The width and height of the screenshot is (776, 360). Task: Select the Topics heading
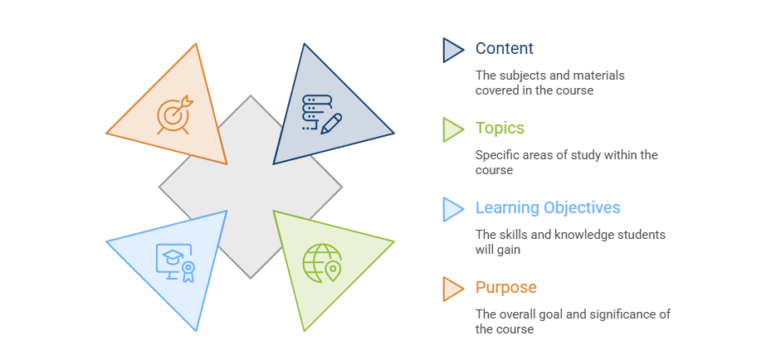[x=500, y=128]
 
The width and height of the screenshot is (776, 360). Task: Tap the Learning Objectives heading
[x=548, y=207]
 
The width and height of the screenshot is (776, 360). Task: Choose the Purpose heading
[x=505, y=287]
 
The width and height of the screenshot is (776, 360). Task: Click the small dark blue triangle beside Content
[x=451, y=50]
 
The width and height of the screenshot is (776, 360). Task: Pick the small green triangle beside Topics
[x=451, y=129]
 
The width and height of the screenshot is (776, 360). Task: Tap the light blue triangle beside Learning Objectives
[x=451, y=209]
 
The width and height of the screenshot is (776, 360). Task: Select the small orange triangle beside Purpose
[x=451, y=289]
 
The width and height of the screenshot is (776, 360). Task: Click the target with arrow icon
[x=174, y=114]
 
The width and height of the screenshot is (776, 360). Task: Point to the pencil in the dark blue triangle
[x=331, y=124]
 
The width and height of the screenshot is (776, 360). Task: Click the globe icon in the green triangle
[x=320, y=263]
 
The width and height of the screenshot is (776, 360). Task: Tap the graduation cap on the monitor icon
[x=173, y=256]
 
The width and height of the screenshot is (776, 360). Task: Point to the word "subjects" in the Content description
[x=518, y=75]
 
